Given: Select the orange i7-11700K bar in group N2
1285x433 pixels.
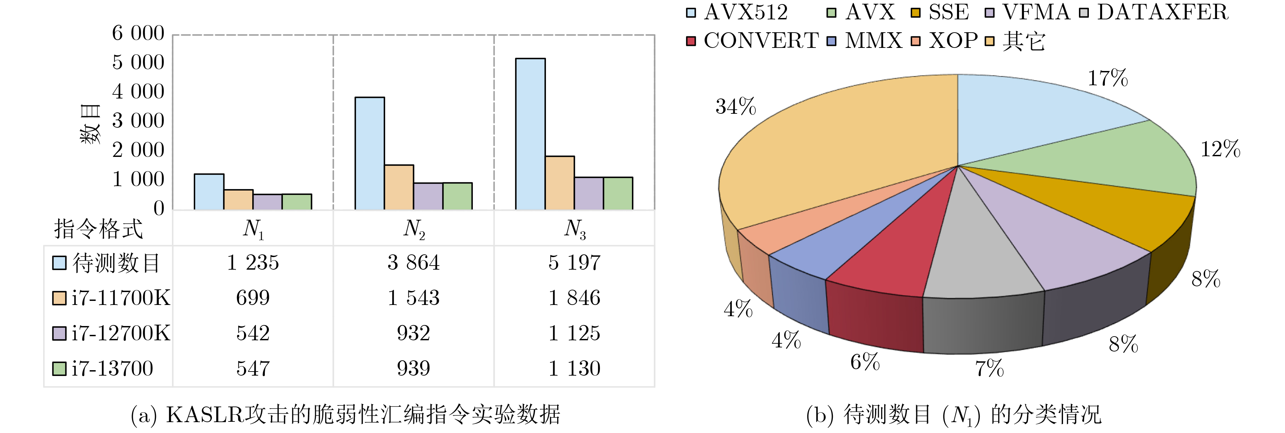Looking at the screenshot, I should (398, 187).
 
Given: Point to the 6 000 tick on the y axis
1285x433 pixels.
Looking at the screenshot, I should (138, 33).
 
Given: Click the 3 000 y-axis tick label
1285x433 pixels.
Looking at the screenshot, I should (138, 121).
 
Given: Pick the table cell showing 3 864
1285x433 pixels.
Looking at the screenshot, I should (413, 263).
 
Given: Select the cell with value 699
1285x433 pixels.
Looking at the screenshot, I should (253, 298).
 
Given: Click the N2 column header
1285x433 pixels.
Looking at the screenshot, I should (413, 229).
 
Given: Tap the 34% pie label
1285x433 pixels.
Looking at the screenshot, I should (735, 107).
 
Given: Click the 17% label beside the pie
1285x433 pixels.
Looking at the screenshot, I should (1108, 78).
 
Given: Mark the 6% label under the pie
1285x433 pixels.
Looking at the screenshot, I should (864, 362).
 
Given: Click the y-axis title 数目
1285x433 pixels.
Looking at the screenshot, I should (91, 125).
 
